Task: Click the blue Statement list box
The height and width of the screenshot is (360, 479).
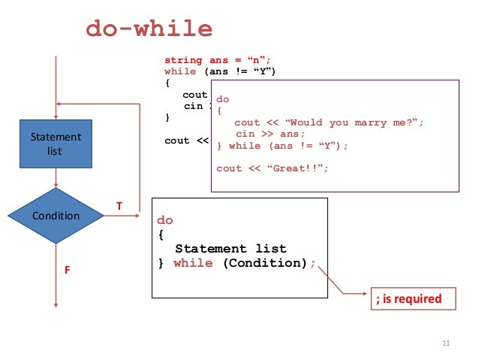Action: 56,143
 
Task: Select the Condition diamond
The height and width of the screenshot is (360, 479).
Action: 56,216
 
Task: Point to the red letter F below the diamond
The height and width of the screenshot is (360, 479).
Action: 67,268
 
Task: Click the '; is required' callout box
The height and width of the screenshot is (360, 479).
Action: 408,298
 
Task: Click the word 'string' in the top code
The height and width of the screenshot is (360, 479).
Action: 183,60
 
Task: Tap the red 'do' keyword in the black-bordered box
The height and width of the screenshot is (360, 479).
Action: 164,220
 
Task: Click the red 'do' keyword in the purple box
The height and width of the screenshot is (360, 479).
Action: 223,98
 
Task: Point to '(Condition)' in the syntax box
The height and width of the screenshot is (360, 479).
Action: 265,263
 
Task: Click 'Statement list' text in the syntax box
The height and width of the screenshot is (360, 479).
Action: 230,248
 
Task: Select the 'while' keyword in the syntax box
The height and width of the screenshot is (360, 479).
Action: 193,263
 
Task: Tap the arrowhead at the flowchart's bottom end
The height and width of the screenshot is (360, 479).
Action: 56,304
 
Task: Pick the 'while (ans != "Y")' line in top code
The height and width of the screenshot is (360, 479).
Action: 220,71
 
